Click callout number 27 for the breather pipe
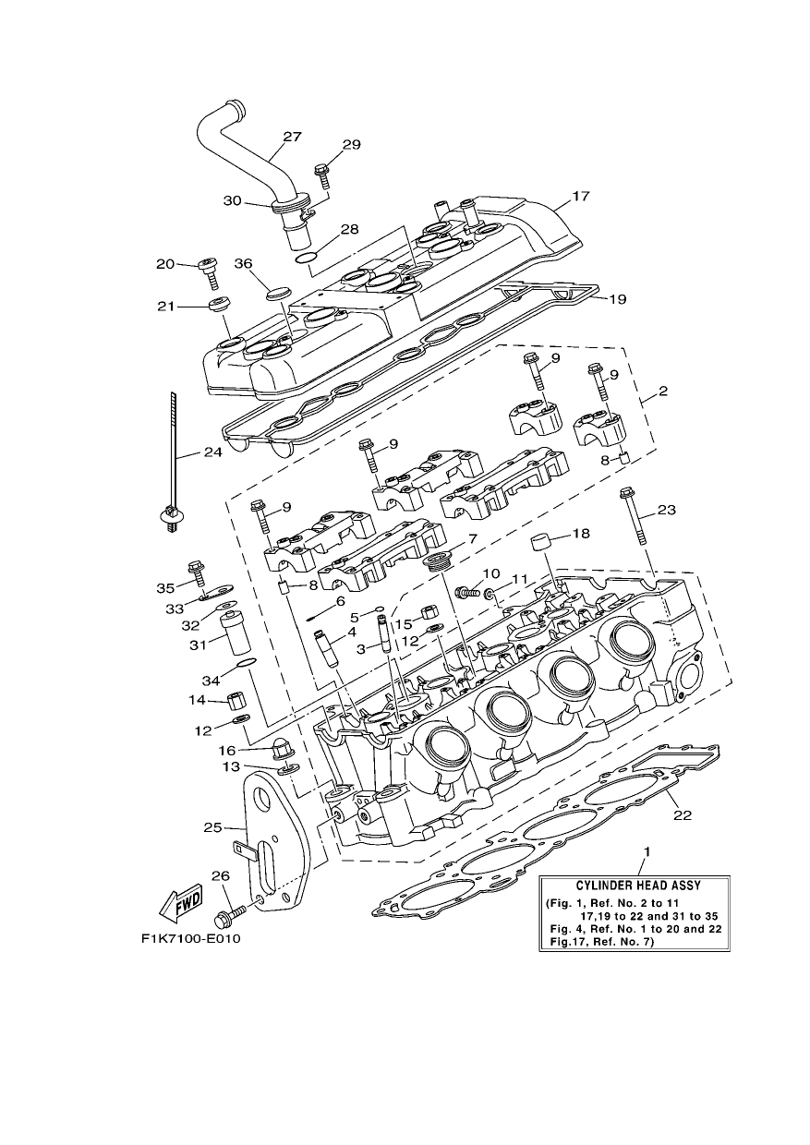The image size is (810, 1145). (x=292, y=137)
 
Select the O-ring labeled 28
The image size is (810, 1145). (x=306, y=257)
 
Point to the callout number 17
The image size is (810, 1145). (x=581, y=196)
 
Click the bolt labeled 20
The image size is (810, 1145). (x=209, y=273)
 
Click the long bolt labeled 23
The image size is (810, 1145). (x=634, y=516)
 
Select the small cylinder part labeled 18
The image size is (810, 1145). (x=542, y=541)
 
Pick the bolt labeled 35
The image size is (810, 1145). (x=198, y=573)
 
